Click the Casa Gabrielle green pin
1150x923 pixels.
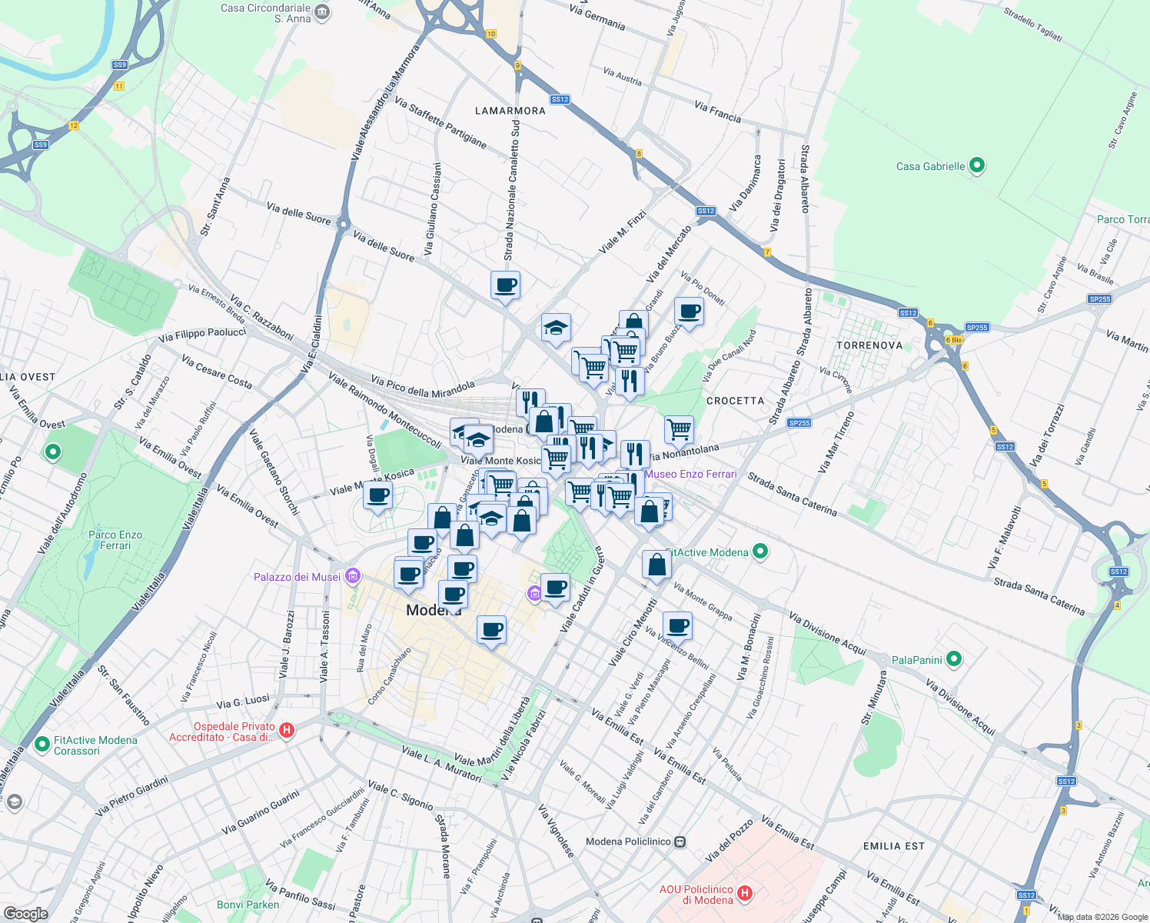[x=977, y=165]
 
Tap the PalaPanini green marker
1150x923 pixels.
[x=954, y=659]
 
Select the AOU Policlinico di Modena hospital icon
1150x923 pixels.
[x=744, y=894]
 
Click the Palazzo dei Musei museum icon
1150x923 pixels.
[x=353, y=576]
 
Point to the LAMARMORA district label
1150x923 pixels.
[x=510, y=111]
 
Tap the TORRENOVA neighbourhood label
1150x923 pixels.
[x=869, y=345]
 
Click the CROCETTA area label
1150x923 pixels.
[x=735, y=401]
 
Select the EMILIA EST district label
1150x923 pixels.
[x=893, y=846]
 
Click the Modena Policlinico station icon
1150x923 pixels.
[x=680, y=841]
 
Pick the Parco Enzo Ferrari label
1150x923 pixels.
[x=115, y=540]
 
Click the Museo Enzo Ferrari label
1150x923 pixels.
[x=690, y=474]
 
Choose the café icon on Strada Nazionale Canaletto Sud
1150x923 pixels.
[x=505, y=285]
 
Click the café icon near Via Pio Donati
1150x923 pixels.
[x=689, y=312]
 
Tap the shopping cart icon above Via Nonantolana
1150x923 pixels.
[x=679, y=429]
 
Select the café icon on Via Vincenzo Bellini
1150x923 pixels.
[x=677, y=625]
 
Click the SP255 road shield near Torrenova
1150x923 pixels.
[x=976, y=328]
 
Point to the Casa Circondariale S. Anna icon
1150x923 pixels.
[x=322, y=12]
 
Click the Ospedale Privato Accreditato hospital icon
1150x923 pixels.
[x=287, y=730]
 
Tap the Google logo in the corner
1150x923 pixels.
[x=25, y=913]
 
